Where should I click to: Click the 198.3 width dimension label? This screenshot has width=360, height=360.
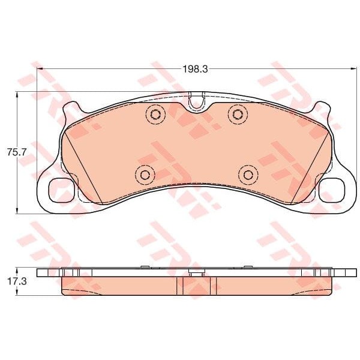[x=195, y=69]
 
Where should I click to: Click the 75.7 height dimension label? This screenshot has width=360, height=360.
[x=17, y=152]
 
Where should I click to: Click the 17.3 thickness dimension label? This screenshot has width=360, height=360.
[x=17, y=281]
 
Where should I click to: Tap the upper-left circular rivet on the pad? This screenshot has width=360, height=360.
[x=155, y=114]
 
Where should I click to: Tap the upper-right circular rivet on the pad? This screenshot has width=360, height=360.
[x=238, y=114]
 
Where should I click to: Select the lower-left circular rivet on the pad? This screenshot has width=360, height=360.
[x=145, y=175]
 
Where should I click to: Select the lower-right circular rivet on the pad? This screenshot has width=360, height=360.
[x=248, y=175]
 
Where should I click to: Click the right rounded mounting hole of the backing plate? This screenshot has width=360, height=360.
[x=332, y=190]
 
